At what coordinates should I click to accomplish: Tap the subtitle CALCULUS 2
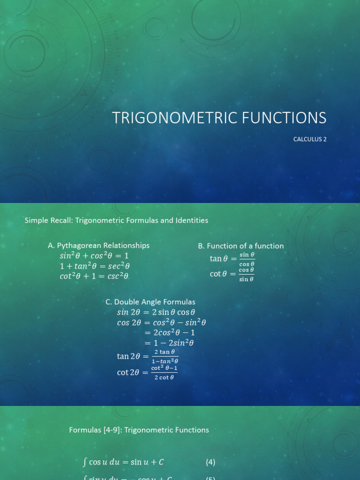310,139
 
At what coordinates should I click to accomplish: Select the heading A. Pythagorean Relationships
98,245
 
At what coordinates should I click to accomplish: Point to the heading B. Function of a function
241,246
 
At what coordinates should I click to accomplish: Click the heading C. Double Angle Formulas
150,302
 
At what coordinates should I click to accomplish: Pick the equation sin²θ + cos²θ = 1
94,256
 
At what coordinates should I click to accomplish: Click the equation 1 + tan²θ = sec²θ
95,266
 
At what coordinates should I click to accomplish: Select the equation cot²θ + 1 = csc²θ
94,276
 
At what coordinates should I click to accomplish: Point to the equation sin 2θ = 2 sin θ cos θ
156,312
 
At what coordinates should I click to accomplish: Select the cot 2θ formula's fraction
164,373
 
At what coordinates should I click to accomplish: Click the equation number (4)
210,462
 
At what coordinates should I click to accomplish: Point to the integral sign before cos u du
84,462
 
